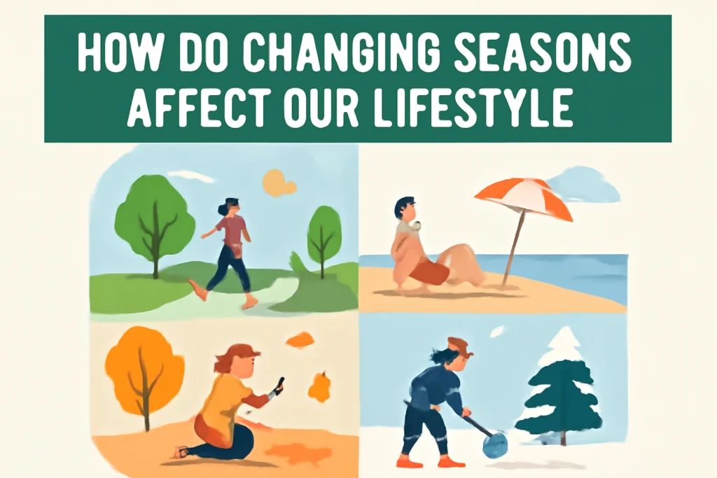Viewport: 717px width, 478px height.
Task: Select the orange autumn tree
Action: point(144,371)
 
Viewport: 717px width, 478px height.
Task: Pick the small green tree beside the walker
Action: point(324,231)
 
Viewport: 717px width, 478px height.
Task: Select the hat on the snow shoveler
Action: point(459,345)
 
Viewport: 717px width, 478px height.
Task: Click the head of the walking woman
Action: point(230,206)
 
